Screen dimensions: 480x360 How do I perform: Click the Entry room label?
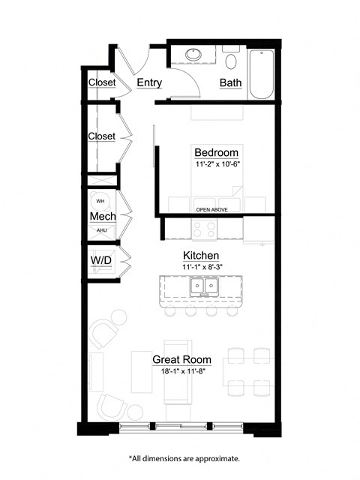[x=149, y=82]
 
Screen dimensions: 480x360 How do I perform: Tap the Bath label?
[x=229, y=82]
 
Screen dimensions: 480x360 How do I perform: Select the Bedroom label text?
[x=216, y=153]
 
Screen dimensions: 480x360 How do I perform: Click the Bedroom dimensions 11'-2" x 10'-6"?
[x=216, y=164]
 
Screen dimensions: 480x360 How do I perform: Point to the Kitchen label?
[x=200, y=254]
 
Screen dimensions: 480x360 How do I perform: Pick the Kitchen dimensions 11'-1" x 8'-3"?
[x=200, y=266]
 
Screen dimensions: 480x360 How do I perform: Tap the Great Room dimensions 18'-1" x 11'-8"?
[x=182, y=370]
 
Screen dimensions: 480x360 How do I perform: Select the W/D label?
[x=101, y=261]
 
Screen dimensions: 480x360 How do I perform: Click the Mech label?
[x=102, y=217]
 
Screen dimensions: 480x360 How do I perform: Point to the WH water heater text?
[x=100, y=201]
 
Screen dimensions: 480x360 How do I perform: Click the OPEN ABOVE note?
[x=211, y=210]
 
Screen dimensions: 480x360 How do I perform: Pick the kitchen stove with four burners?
[x=204, y=228]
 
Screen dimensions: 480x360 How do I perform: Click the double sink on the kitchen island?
[x=202, y=286]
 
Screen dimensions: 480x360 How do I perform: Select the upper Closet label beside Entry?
[x=101, y=82]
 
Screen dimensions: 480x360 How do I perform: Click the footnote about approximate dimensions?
[x=184, y=457]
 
